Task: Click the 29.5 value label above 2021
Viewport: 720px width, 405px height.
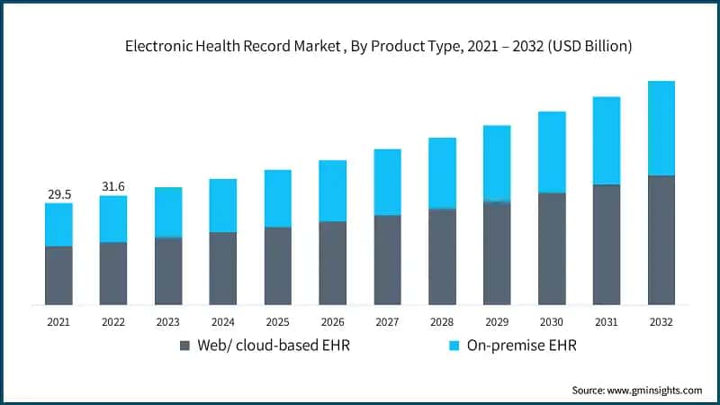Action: (58, 193)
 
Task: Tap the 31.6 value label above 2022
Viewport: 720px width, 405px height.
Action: (113, 186)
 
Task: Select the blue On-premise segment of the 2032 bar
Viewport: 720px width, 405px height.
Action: (661, 128)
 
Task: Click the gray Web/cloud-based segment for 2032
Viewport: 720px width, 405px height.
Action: (661, 240)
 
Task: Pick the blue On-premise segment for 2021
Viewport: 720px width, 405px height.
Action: (58, 224)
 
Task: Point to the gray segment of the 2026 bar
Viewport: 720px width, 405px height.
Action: (333, 263)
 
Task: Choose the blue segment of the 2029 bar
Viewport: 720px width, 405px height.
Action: (497, 163)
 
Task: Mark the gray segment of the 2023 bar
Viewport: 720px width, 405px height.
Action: (168, 271)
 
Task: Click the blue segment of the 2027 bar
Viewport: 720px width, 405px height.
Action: (388, 182)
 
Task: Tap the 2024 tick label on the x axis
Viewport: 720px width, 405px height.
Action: (223, 321)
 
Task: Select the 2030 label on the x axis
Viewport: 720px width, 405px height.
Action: (552, 321)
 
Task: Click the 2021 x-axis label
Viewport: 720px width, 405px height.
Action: (58, 321)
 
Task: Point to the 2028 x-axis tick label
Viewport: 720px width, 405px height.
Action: (442, 321)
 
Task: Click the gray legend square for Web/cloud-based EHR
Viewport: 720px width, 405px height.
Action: (185, 346)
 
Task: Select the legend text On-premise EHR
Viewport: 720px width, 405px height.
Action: (521, 346)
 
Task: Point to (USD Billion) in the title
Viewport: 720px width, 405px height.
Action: (589, 47)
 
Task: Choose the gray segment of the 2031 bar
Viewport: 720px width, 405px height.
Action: (607, 245)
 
